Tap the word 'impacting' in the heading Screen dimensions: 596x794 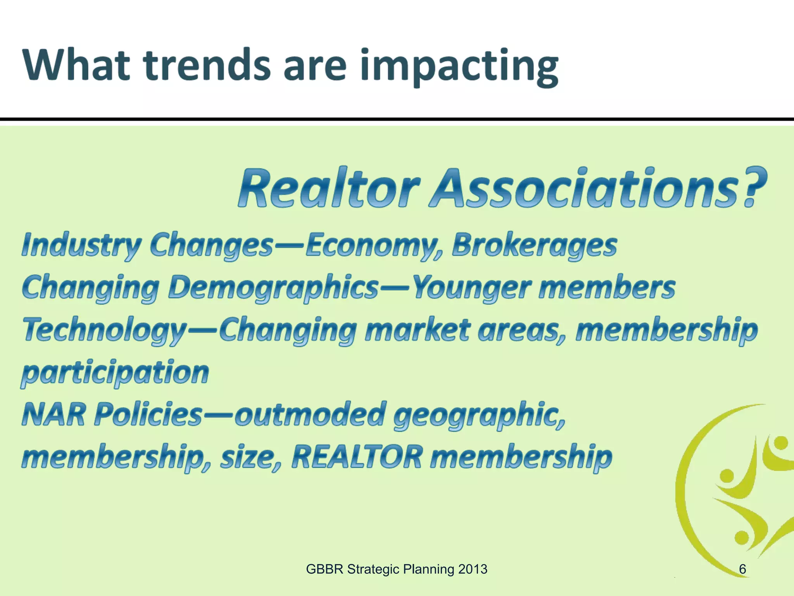pyautogui.click(x=459, y=67)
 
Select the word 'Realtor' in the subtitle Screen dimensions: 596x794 pyautogui.click(x=329, y=188)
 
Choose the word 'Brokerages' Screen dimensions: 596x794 pyautogui.click(x=535, y=246)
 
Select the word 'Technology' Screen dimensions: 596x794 pyautogui.click(x=105, y=331)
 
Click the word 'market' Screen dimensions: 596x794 pyautogui.click(x=417, y=330)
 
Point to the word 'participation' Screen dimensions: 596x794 pyautogui.click(x=115, y=373)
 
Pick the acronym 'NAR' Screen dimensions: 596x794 pyautogui.click(x=54, y=414)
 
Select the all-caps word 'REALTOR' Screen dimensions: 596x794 pyautogui.click(x=357, y=457)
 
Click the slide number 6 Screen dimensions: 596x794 pyautogui.click(x=742, y=569)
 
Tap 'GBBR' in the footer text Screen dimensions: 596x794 pyautogui.click(x=325, y=569)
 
